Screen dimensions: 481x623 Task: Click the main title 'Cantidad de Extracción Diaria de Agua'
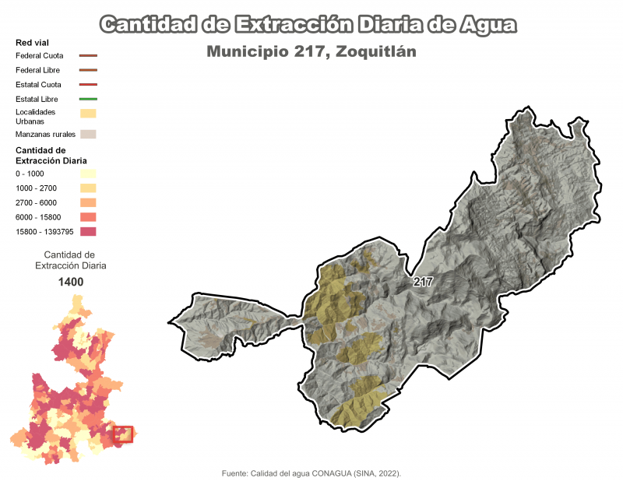(x=308, y=25)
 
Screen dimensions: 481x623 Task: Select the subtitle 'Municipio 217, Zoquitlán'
(x=311, y=52)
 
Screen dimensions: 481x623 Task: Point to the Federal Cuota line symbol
(x=88, y=56)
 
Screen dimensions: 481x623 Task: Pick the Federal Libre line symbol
(x=88, y=70)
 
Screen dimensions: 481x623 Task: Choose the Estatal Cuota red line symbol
(x=88, y=84)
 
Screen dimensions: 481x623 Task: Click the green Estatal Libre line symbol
(x=88, y=99)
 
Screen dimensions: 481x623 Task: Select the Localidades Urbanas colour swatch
(x=88, y=114)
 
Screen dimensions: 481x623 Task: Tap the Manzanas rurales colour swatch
(x=88, y=134)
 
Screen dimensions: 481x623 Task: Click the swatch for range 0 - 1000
(x=88, y=174)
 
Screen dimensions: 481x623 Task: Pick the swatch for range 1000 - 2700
(x=88, y=188)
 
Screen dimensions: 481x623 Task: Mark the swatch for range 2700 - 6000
(x=88, y=202)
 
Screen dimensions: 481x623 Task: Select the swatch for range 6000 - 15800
(x=88, y=217)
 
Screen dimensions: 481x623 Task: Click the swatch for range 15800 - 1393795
(x=88, y=231)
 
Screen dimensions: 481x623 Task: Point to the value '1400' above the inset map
(x=71, y=282)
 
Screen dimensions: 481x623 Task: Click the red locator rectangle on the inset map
(x=124, y=434)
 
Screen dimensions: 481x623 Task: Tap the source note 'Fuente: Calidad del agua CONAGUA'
(x=311, y=472)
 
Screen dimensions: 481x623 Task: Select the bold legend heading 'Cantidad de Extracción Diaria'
(x=51, y=155)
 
